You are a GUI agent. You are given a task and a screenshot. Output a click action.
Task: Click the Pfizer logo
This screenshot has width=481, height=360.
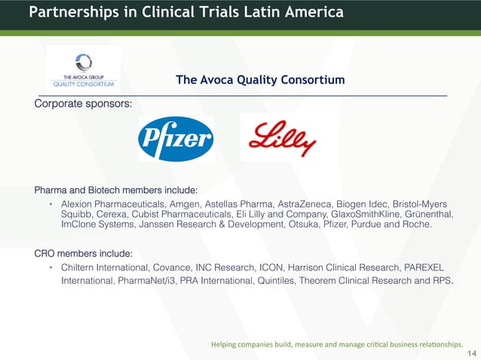pyautogui.click(x=176, y=139)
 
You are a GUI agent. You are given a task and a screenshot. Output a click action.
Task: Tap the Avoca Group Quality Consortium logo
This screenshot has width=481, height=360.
pyautogui.click(x=84, y=70)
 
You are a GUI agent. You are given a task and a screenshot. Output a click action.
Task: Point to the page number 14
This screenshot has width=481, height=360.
pyautogui.click(x=473, y=353)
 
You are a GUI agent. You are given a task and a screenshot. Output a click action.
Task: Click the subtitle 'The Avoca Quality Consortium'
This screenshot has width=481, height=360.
pyautogui.click(x=260, y=80)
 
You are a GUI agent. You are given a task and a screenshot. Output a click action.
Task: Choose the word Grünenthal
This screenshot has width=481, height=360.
pyautogui.click(x=429, y=215)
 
